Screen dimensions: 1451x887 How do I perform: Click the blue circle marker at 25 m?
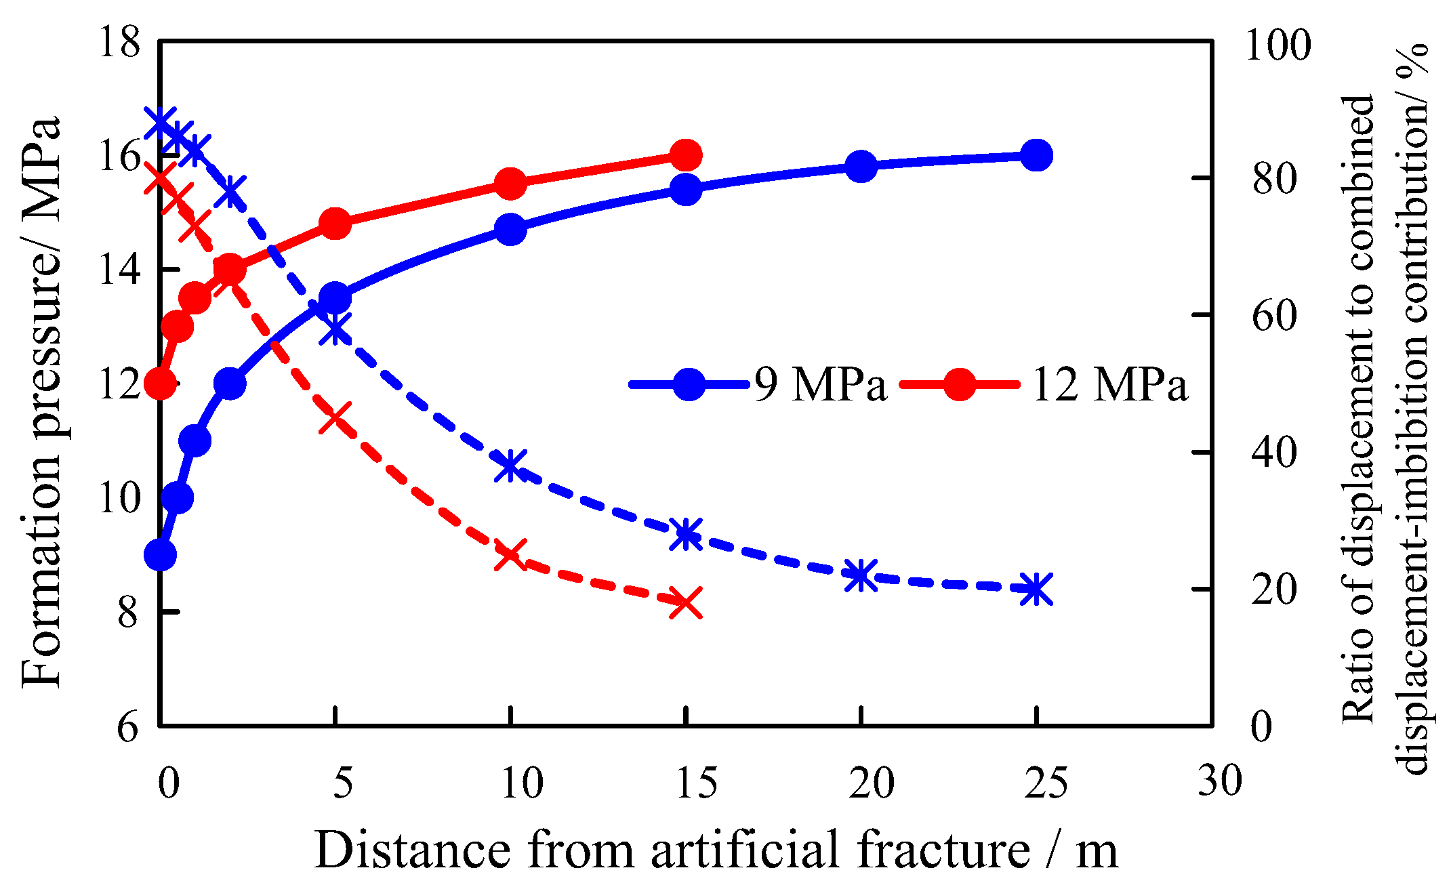[x=1036, y=155]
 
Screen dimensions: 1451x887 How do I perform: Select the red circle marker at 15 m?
[x=686, y=155]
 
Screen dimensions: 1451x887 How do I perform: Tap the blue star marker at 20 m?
[x=861, y=575]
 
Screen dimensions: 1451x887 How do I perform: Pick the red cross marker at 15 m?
[x=686, y=602]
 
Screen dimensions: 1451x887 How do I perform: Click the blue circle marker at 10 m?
[x=510, y=229]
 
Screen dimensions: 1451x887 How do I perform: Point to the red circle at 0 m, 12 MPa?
[x=161, y=384]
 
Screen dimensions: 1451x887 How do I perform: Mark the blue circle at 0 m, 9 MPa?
[x=161, y=555]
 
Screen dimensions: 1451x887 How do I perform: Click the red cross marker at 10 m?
[x=510, y=556]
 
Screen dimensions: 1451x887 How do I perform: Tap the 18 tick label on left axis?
[x=119, y=42]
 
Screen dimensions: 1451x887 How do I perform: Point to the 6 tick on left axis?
[x=128, y=727]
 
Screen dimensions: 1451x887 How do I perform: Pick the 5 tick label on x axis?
[x=344, y=783]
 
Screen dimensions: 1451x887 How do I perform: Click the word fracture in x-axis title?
[x=943, y=849]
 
